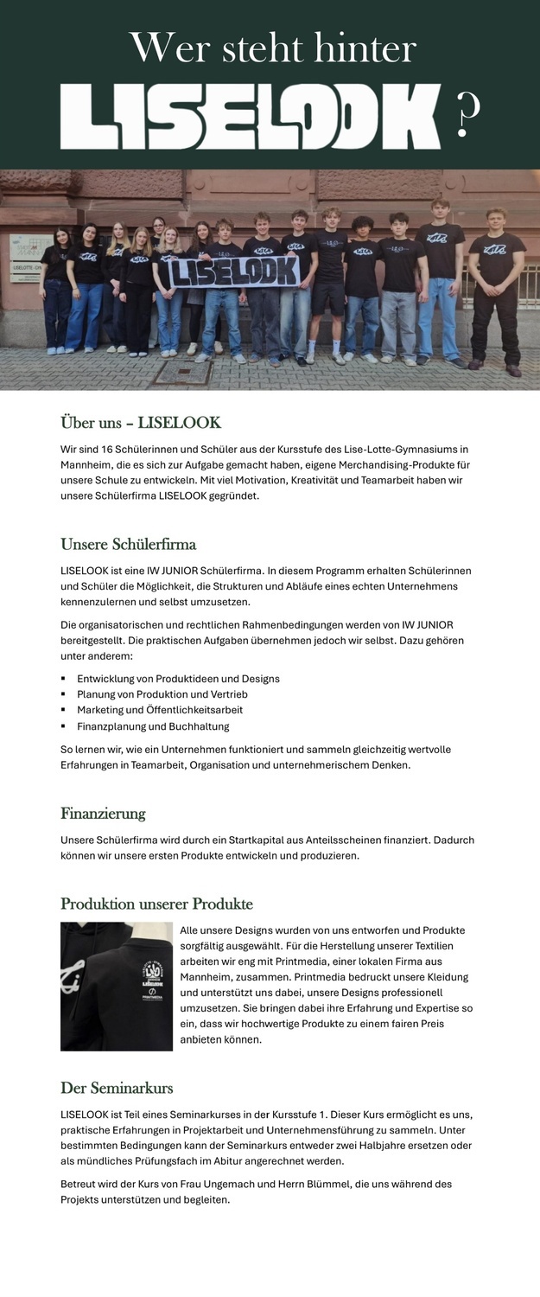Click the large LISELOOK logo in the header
(251, 117)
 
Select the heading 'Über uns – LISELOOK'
(141, 423)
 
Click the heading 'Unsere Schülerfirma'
(128, 545)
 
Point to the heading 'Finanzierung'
(103, 814)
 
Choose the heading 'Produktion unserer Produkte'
(156, 904)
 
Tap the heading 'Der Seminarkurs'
(117, 1088)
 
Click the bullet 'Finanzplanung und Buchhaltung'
(153, 726)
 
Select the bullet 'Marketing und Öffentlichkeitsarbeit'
(160, 710)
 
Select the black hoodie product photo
(117, 987)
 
